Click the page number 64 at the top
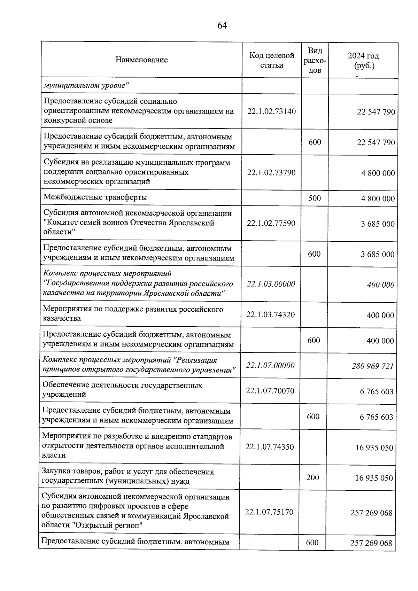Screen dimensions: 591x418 click(x=222, y=25)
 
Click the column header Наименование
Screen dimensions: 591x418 click(x=141, y=60)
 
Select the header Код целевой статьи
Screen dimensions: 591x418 click(x=272, y=60)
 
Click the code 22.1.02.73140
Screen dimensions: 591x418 click(x=271, y=111)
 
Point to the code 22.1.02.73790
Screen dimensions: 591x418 click(x=271, y=173)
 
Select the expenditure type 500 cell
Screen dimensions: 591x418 click(x=315, y=198)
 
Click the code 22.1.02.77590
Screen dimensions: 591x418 click(x=271, y=223)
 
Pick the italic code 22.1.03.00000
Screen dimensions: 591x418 click(x=271, y=284)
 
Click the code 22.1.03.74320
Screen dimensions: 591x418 click(x=271, y=315)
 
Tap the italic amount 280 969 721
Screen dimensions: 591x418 click(x=372, y=366)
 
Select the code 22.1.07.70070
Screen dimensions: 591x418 click(x=270, y=391)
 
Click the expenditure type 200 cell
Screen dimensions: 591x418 click(x=312, y=477)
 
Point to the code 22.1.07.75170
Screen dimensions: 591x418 click(x=269, y=512)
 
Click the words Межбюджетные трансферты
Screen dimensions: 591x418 click(x=95, y=197)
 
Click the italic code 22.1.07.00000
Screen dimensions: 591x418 click(x=270, y=366)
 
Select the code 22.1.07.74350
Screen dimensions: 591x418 click(x=270, y=447)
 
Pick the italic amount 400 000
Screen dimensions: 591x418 click(x=380, y=285)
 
